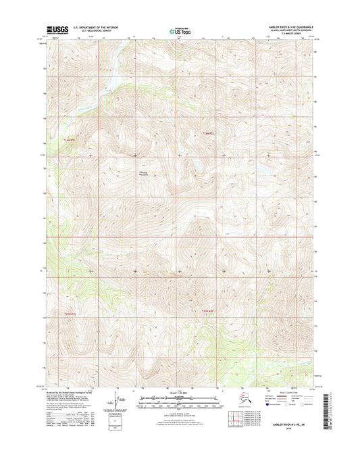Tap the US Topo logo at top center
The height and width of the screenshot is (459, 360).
(180, 30)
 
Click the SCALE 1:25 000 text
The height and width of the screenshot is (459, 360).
(180, 394)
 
